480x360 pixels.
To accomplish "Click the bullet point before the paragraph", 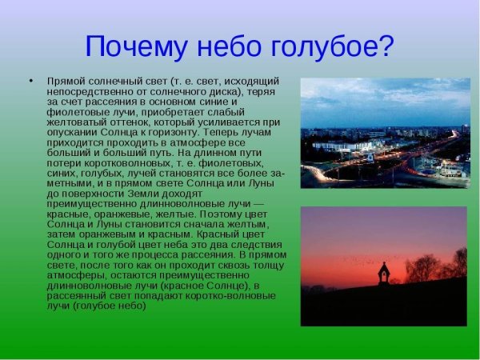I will coord(30,82).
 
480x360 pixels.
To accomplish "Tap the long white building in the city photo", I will coord(341,146).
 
